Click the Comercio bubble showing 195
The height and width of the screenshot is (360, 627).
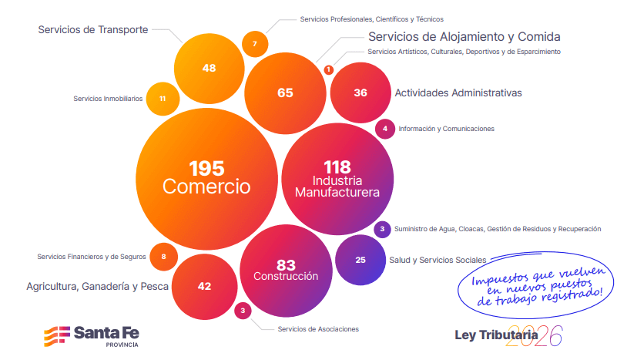point(206,178)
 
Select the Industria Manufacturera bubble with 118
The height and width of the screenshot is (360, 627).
point(337,178)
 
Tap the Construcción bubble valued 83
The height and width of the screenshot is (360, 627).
point(286,270)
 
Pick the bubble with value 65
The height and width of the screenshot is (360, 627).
point(285,93)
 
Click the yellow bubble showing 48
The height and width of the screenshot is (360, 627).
point(209,68)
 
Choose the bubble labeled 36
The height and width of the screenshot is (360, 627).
point(360,93)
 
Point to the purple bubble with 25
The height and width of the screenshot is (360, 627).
point(360,260)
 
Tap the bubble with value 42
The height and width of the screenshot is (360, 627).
point(204,285)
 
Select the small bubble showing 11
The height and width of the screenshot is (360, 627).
point(163,99)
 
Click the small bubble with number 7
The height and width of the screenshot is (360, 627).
point(255,44)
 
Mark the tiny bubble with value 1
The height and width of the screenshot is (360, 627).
point(329,70)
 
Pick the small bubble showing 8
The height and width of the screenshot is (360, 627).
point(163,256)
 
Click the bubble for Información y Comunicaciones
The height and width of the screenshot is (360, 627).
point(385,129)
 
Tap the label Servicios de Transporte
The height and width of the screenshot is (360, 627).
point(92,30)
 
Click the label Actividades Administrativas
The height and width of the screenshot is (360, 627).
point(458,93)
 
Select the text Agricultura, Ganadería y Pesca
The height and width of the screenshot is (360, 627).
point(97,286)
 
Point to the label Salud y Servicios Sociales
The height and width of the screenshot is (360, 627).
point(438,260)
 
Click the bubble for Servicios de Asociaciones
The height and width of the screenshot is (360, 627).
point(243,311)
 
